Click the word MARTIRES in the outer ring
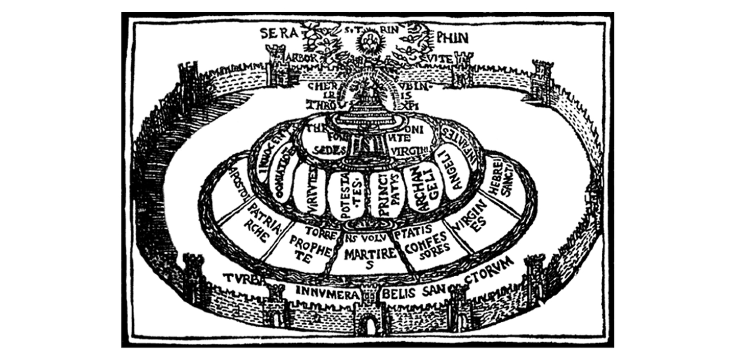tap(364, 255)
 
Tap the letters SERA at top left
tap(278, 34)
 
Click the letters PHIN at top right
tap(453, 37)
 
